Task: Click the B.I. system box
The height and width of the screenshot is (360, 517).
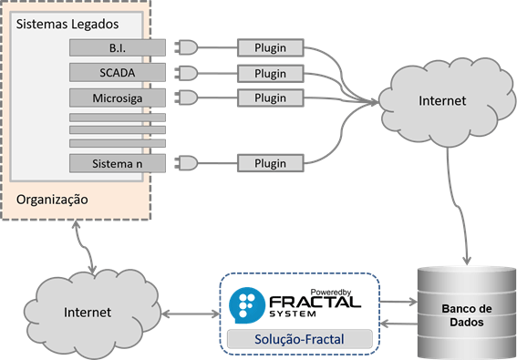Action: pos(118,47)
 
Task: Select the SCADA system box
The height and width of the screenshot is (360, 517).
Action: pos(118,72)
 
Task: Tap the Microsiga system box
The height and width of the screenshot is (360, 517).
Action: pos(118,97)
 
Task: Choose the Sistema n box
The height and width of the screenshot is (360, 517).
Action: pos(118,163)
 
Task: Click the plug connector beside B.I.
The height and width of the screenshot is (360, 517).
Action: pos(185,47)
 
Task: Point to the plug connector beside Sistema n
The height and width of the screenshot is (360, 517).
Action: pos(185,163)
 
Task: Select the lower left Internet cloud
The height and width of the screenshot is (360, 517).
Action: pos(87,312)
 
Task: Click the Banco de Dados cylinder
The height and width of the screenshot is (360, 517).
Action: pos(461,310)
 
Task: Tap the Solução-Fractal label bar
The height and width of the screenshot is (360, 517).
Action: pos(300,340)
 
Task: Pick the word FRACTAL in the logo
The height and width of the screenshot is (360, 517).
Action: pos(315,302)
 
